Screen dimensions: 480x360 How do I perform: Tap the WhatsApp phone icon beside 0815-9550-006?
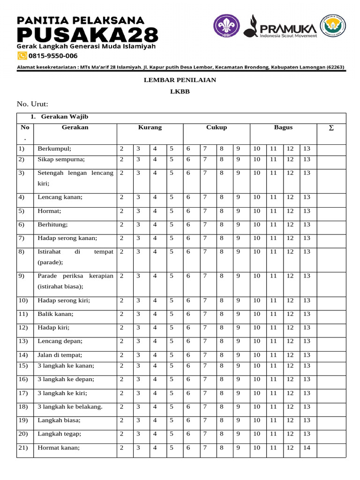point(22,56)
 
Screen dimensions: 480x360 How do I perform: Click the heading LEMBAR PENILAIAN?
point(180,80)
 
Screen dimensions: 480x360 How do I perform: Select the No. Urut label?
point(33,104)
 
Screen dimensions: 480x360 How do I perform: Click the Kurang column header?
point(150,127)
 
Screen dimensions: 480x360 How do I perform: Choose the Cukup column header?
point(217,127)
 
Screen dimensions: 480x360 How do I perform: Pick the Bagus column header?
point(283,127)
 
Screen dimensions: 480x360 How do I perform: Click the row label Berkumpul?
point(55,149)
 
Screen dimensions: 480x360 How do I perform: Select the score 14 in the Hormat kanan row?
point(307,448)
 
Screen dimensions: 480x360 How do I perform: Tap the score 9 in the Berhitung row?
point(238,225)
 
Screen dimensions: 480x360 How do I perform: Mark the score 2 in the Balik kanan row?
point(121,314)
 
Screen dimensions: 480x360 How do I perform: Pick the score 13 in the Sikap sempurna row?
point(307,159)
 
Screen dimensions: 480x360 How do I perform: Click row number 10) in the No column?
point(23,300)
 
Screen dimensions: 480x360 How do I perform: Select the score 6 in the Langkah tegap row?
point(188,434)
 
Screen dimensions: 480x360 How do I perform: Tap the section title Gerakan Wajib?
point(64,116)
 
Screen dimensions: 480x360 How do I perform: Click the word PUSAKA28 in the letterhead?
point(87,35)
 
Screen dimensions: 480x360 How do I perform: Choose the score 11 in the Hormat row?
point(273,211)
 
